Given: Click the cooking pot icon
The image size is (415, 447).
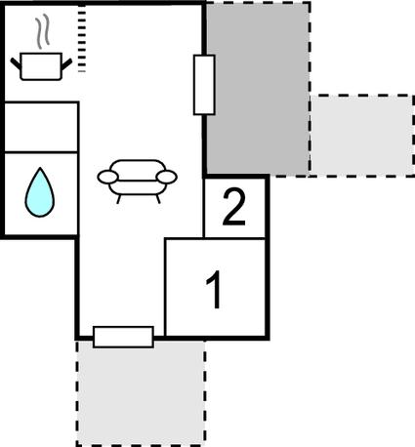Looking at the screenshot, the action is (x=41, y=66).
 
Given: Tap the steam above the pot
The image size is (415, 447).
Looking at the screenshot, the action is (x=43, y=31).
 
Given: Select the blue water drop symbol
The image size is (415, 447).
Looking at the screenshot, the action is (x=40, y=192).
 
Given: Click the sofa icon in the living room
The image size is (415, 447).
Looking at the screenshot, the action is (x=137, y=182).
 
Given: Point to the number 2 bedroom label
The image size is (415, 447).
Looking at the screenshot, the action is (x=233, y=207).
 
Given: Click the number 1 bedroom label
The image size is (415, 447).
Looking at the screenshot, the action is (x=215, y=290).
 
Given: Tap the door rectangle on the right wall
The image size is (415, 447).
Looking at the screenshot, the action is (x=204, y=85).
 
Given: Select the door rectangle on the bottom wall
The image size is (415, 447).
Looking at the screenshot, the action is (x=123, y=337).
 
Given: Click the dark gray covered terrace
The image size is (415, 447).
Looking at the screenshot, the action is (x=258, y=88).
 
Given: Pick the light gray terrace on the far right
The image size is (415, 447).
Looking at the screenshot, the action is (x=362, y=136).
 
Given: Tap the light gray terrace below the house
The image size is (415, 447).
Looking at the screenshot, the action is (x=141, y=393).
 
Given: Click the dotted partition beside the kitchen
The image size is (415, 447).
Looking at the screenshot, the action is (x=82, y=38).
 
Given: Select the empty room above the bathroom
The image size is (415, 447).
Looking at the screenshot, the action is (x=41, y=127).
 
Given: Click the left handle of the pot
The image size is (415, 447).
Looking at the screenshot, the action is (x=16, y=63).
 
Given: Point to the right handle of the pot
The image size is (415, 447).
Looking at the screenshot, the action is (x=66, y=63).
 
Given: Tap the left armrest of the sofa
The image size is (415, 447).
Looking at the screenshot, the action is (x=107, y=177).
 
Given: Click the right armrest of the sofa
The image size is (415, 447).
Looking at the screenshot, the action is (x=167, y=177).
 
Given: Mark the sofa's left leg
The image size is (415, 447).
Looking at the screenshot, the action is (x=119, y=199).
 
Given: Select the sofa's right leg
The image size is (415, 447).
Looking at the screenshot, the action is (x=158, y=199).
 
